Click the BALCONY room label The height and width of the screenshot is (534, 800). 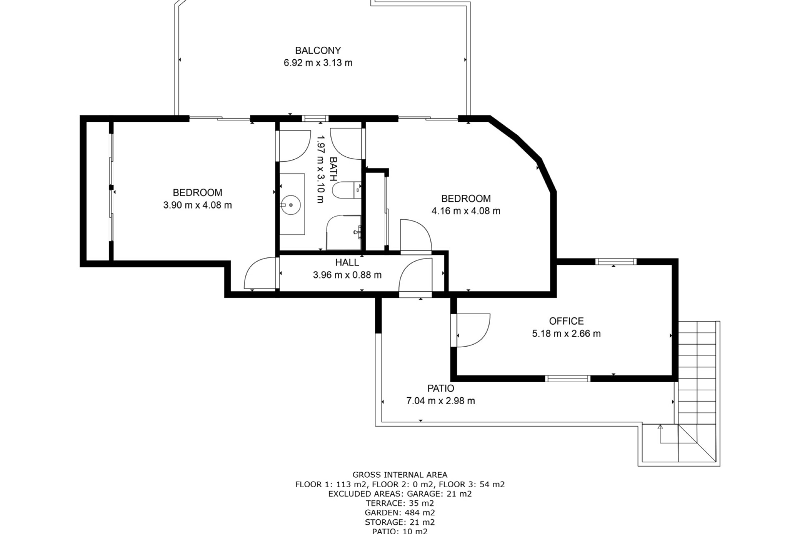(318, 50)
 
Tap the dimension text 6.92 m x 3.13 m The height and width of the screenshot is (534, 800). (318, 63)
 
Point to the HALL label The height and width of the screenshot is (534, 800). (347, 262)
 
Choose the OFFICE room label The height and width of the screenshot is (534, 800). (566, 321)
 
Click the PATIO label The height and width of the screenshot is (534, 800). (440, 388)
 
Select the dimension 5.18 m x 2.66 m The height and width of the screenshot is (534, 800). (566, 334)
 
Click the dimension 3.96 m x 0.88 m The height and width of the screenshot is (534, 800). (347, 275)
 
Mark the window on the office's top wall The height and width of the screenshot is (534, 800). (616, 262)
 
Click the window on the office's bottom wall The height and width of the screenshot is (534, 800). (567, 378)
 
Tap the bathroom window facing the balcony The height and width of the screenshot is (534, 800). (315, 118)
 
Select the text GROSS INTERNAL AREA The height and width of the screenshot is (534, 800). (400, 475)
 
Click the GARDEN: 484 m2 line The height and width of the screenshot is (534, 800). (400, 513)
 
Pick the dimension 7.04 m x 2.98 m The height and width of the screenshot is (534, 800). (440, 401)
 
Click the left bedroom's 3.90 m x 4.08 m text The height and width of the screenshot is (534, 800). (197, 205)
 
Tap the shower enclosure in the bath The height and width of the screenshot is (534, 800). (343, 232)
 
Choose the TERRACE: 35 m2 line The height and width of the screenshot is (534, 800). (400, 503)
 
